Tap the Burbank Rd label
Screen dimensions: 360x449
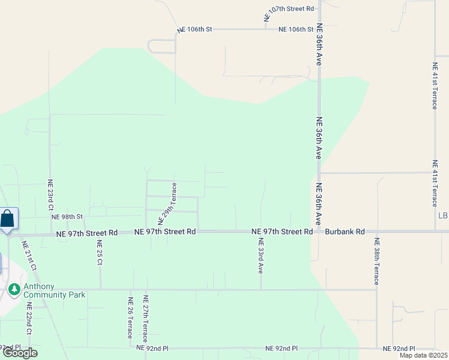tap(345, 232)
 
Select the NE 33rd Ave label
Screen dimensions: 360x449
tap(261, 256)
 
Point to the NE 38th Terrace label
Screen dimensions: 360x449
tap(376, 262)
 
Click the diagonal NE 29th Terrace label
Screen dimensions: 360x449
tap(167, 205)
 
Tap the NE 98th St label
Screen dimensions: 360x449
tap(67, 217)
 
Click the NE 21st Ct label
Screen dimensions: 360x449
tap(30, 256)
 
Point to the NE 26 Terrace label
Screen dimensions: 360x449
tap(130, 317)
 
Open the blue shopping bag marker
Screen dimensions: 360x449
tap(7, 218)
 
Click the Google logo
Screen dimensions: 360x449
tap(20, 353)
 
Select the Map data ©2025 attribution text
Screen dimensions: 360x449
tap(423, 355)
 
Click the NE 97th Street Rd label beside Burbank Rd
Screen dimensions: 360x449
tap(282, 232)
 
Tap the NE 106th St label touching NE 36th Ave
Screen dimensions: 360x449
tap(296, 29)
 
